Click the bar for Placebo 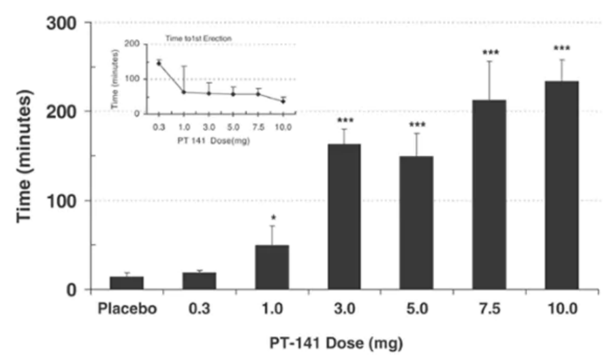(x=127, y=282)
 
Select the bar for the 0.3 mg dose (x=200, y=281)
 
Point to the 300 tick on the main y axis (x=69, y=22)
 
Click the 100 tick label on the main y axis (x=69, y=200)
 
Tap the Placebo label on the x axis (x=127, y=309)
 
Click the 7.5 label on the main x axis (x=489, y=309)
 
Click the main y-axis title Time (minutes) (x=25, y=157)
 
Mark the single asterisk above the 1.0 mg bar (x=273, y=219)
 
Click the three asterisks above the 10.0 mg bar (x=561, y=49)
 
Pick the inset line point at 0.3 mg (x=159, y=63)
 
